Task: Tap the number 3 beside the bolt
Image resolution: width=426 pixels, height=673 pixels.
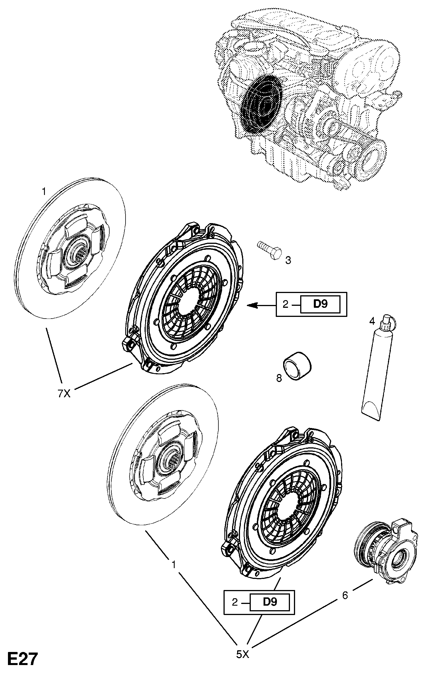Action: (x=288, y=260)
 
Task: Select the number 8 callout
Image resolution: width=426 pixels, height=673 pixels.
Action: (x=279, y=378)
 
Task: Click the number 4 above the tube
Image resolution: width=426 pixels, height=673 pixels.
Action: (x=372, y=321)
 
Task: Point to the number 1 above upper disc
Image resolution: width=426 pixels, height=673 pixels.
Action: (x=44, y=192)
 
